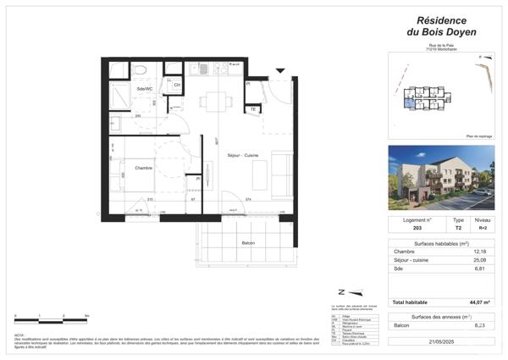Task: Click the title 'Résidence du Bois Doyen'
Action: click(441, 25)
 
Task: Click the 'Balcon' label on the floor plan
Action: click(248, 243)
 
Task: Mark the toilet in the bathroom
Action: click(141, 69)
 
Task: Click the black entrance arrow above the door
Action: click(281, 71)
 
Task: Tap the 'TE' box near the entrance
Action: click(252, 109)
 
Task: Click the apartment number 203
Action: click(416, 228)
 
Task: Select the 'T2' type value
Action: click(459, 228)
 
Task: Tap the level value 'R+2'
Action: click(483, 228)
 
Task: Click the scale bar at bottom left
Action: click(51, 318)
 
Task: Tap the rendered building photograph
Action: click(441, 178)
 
